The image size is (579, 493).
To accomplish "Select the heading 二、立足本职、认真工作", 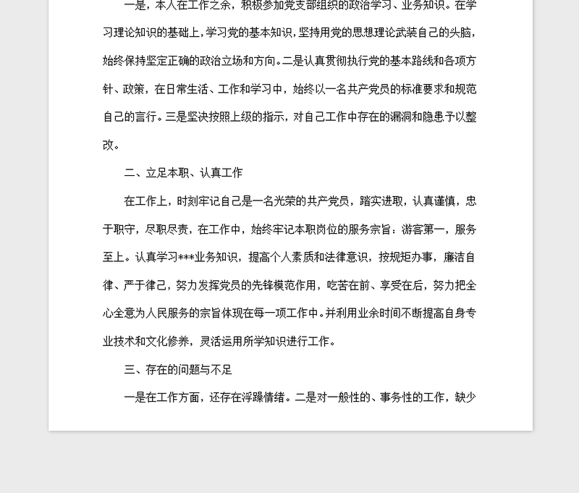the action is coord(183,173).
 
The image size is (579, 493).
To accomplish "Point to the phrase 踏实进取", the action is coord(383,201).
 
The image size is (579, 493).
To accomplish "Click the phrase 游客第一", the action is coord(420,229).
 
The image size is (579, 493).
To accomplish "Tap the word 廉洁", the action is coord(454,257).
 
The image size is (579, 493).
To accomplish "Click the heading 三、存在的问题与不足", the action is coord(178,370).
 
